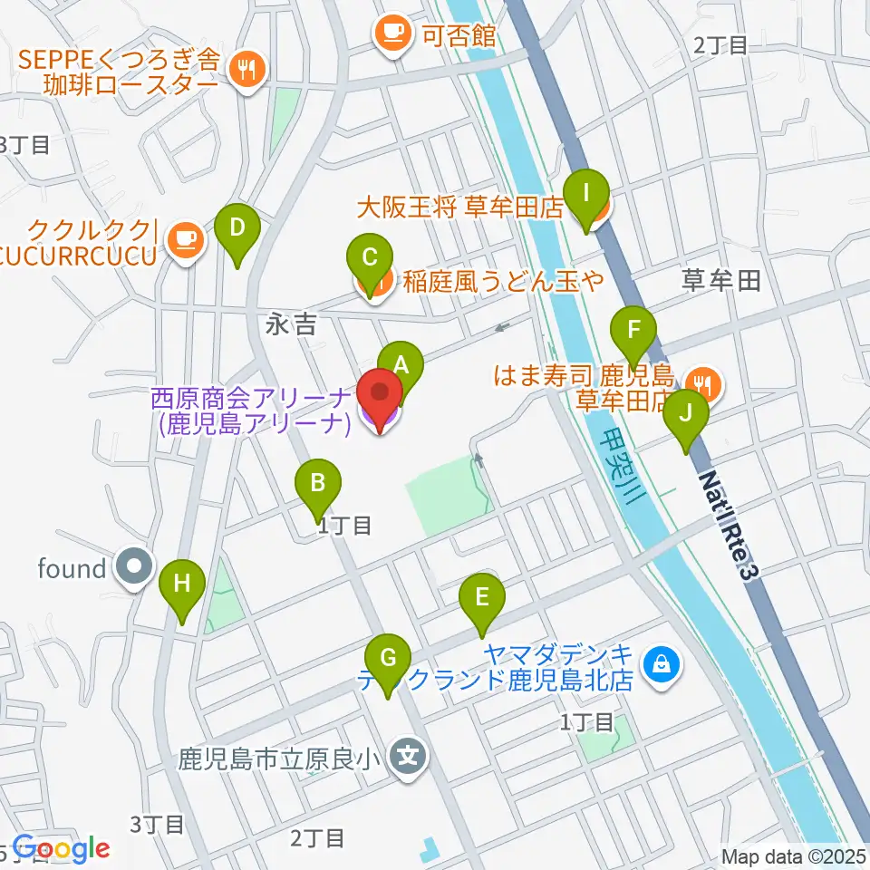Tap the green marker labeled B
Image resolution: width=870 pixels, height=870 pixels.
[318, 484]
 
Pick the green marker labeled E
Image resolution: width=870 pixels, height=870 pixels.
[481, 598]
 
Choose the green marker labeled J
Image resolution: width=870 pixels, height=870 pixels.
[686, 415]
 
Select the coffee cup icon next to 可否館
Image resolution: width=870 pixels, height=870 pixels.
[391, 34]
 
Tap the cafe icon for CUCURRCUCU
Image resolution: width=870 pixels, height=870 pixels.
[186, 239]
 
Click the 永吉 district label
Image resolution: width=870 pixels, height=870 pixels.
[291, 324]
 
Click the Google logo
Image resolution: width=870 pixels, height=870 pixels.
[61, 849]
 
